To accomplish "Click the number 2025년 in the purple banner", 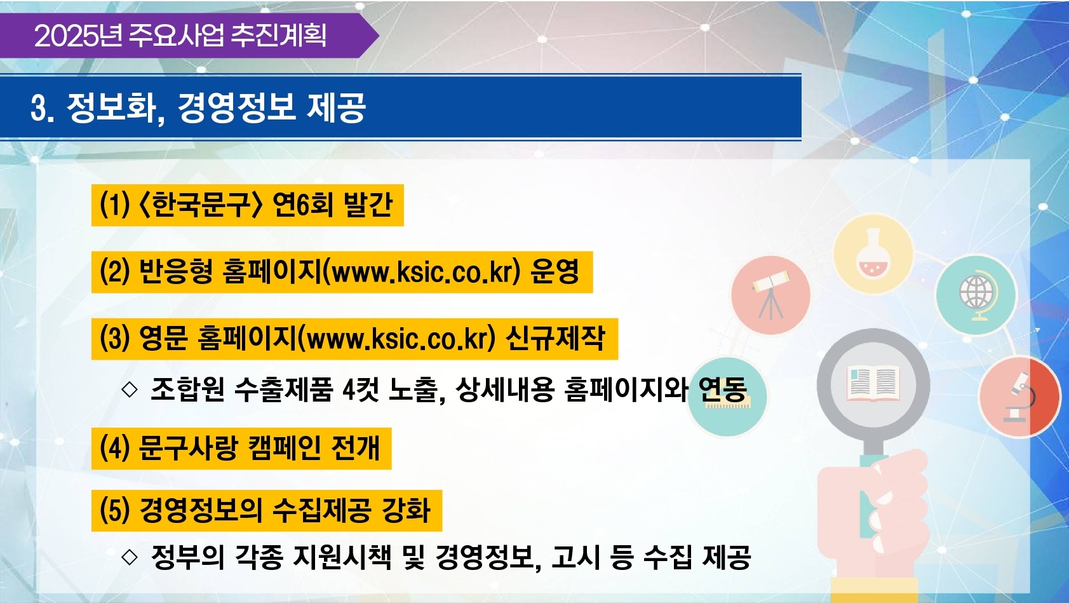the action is click(78, 36).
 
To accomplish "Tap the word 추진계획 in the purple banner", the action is click(279, 36).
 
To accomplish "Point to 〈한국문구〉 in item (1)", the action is click(200, 205).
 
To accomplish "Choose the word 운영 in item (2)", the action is click(555, 272).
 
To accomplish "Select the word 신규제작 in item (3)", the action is click(555, 339).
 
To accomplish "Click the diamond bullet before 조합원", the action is click(130, 389).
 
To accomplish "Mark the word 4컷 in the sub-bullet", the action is click(361, 389).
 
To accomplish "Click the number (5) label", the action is click(115, 510).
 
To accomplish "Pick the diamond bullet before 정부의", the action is click(130, 557).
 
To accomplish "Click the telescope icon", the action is click(770, 294).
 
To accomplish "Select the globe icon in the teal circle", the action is click(976, 295).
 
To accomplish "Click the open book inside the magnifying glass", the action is click(873, 383).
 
